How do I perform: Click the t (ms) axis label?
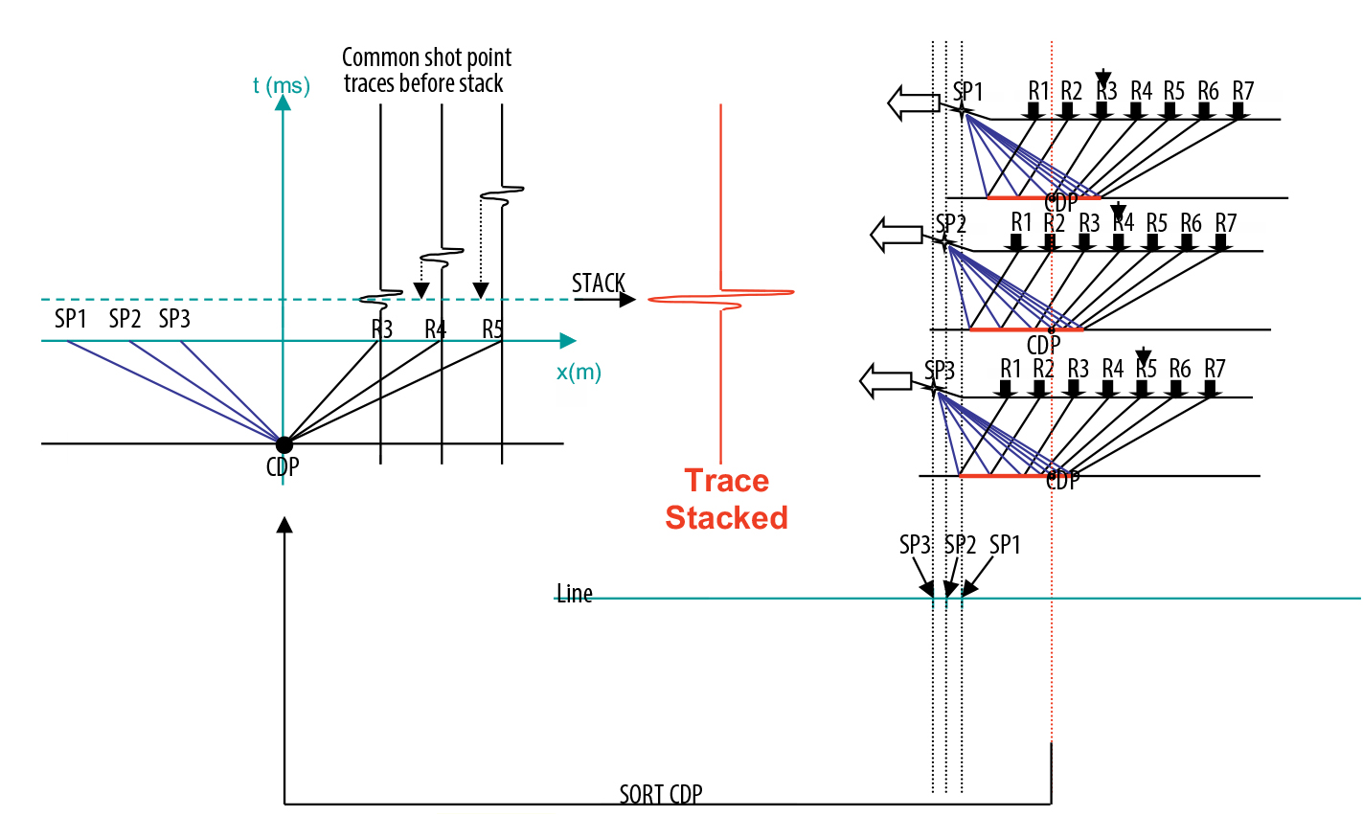(282, 85)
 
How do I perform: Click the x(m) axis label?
(579, 372)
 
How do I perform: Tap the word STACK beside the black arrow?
(599, 283)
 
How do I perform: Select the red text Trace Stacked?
(726, 499)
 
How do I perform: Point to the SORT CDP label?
(661, 794)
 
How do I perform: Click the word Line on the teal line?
(575, 594)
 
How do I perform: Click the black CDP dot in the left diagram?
(284, 444)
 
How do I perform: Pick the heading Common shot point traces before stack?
(425, 70)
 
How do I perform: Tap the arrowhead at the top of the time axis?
(283, 101)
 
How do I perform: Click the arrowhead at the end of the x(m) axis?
(568, 341)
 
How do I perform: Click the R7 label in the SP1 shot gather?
(1243, 91)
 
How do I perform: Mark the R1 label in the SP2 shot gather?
(1022, 222)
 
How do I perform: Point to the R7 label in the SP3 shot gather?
(1215, 369)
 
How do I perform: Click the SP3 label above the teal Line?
(915, 545)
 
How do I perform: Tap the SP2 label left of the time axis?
(125, 319)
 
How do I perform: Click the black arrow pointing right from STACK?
(605, 300)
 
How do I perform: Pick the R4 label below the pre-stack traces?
(436, 329)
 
